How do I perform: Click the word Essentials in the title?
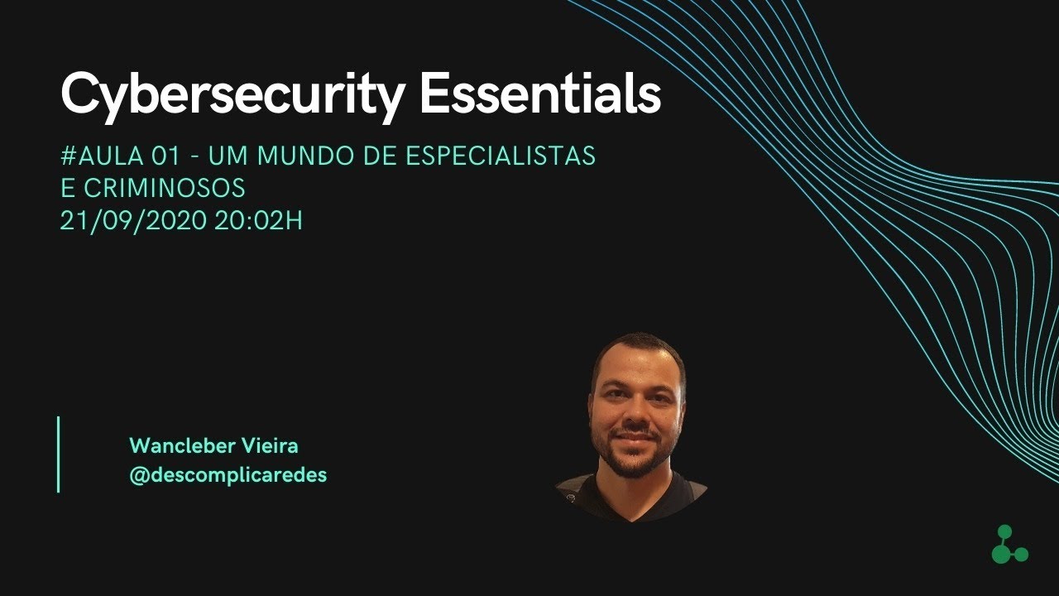[x=540, y=94]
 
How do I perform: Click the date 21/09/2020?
[x=132, y=222]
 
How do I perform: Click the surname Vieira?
[x=271, y=446]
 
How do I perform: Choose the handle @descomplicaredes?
[x=228, y=475]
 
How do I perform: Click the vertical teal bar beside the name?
[x=59, y=454]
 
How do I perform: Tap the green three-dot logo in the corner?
[x=1009, y=546]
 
